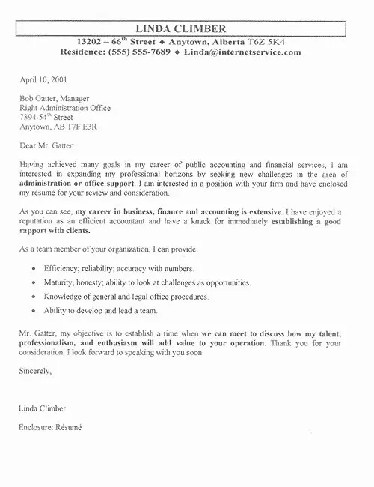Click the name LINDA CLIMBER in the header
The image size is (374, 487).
tap(188, 28)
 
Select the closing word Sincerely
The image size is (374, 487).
tap(37, 392)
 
